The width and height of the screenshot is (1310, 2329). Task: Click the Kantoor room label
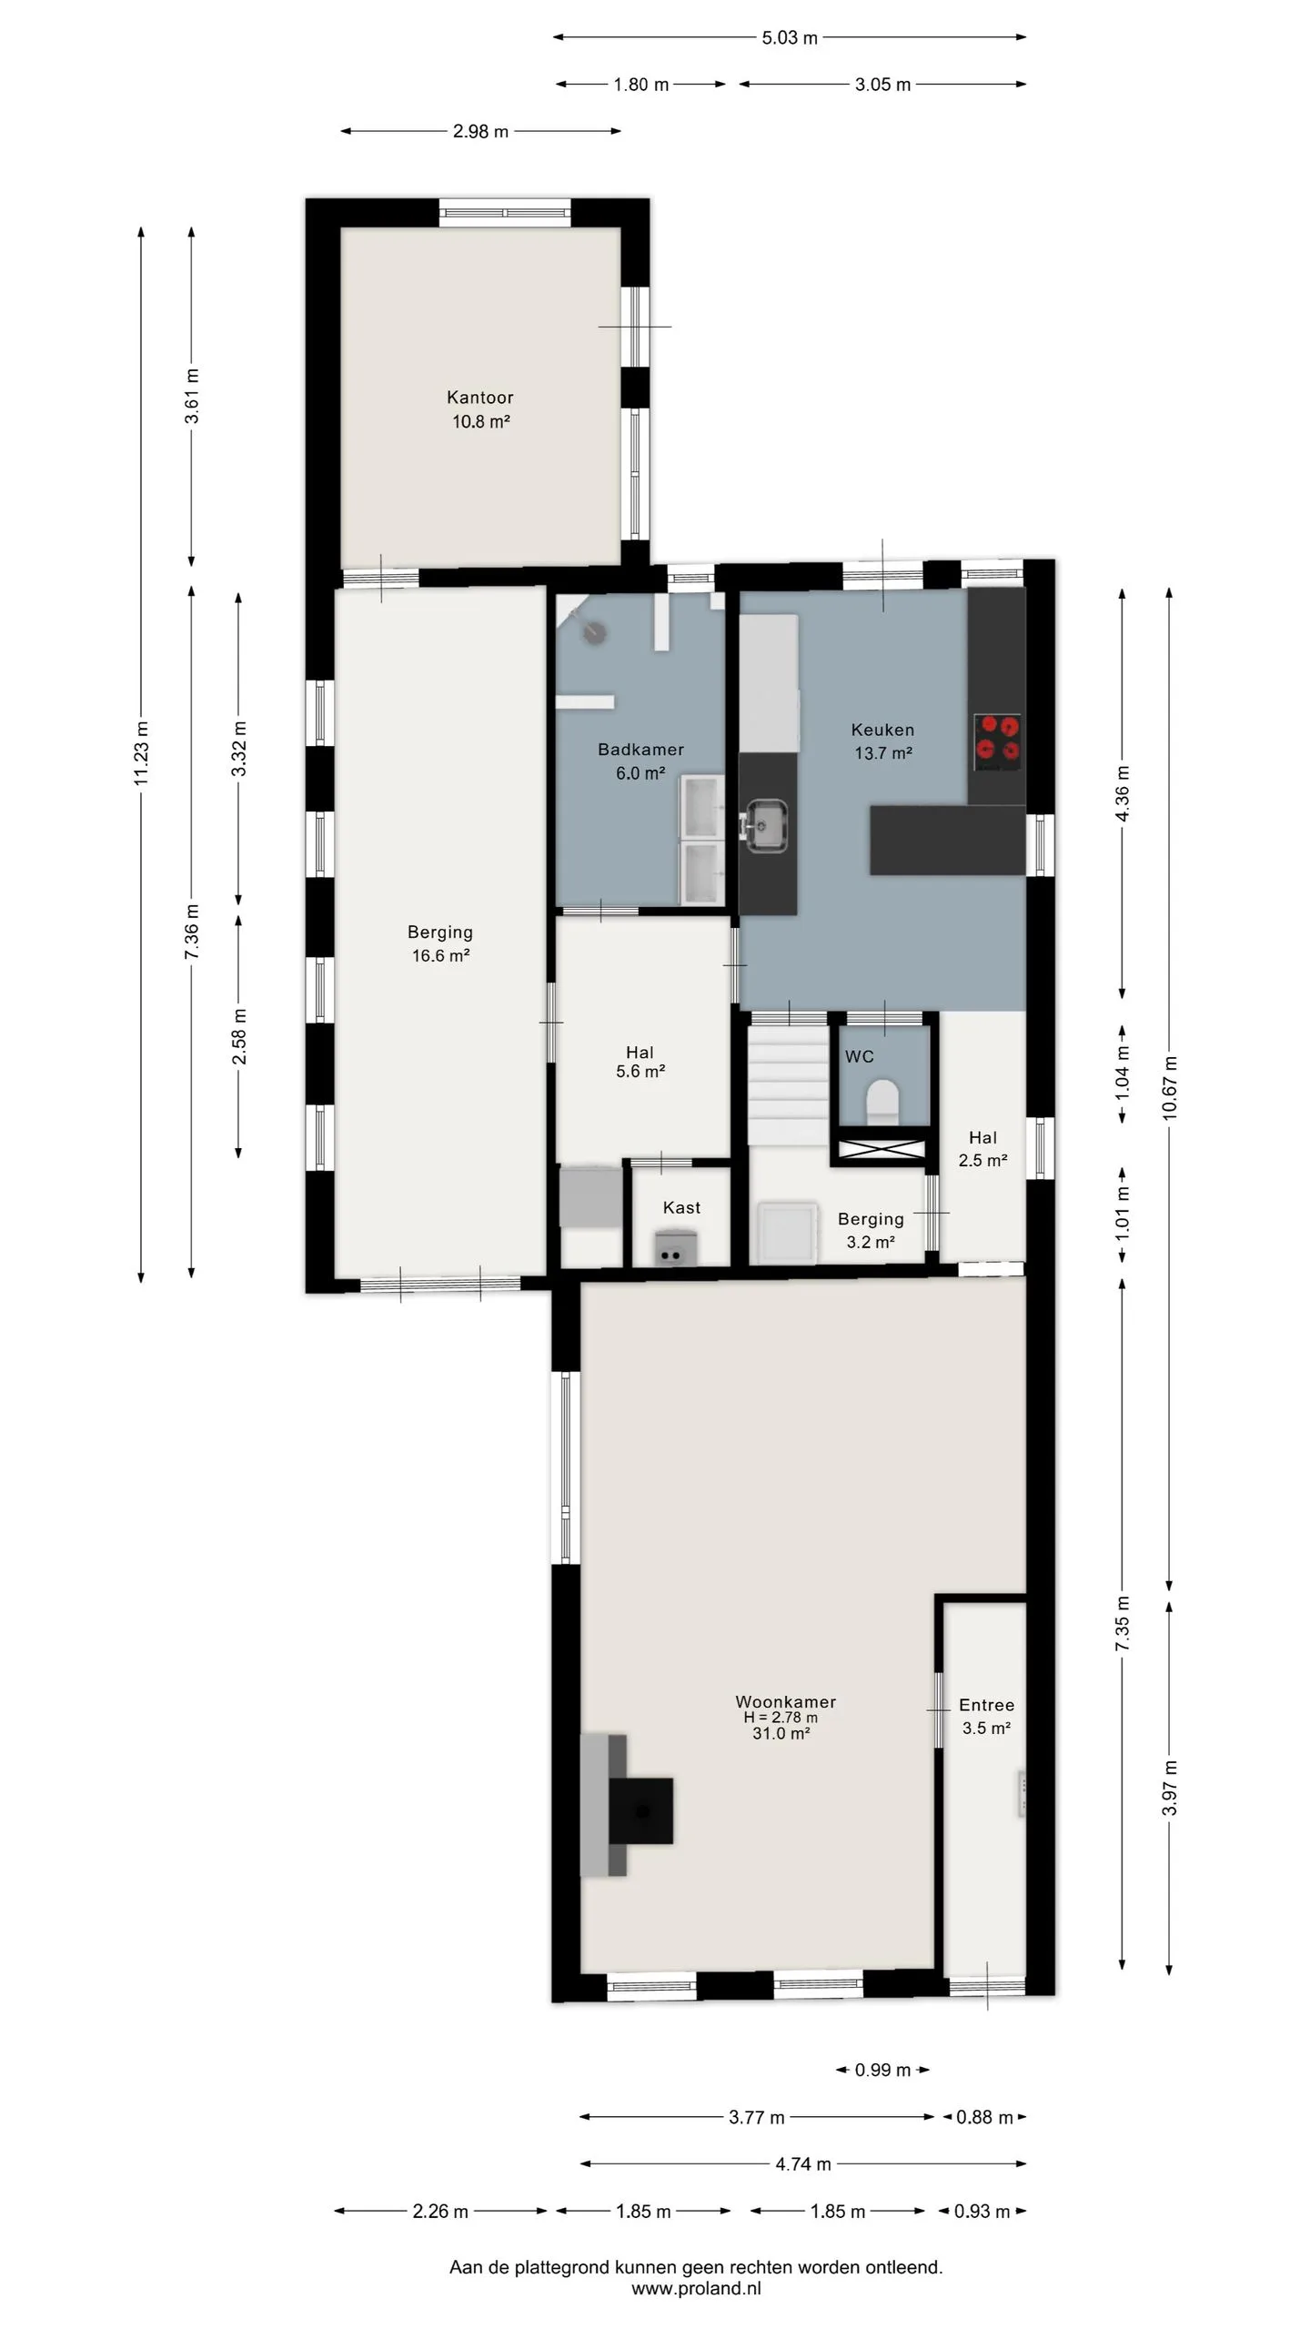click(x=479, y=398)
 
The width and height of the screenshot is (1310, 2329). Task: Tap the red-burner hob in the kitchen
click(x=997, y=741)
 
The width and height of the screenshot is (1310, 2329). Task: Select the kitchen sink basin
click(x=766, y=824)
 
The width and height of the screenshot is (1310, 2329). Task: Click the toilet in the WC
click(x=882, y=1099)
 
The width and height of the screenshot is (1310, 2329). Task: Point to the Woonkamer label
click(x=785, y=1701)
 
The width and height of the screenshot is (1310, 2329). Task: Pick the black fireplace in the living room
click(x=641, y=1810)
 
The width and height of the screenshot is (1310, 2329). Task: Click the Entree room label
click(x=986, y=1705)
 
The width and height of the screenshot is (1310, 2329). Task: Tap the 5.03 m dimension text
click(x=790, y=37)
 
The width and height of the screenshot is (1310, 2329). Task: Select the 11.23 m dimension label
click(x=141, y=752)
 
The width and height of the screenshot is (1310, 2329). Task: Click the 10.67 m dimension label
click(x=1170, y=1087)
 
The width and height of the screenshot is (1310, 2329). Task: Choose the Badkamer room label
click(x=640, y=750)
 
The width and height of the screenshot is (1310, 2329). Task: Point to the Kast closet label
click(x=681, y=1207)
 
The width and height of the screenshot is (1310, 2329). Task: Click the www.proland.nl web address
click(x=696, y=2289)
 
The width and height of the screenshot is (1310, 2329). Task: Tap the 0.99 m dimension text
click(x=882, y=2070)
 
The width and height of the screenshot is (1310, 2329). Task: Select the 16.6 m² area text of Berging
click(x=440, y=955)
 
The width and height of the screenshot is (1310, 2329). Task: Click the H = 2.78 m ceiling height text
click(x=781, y=1718)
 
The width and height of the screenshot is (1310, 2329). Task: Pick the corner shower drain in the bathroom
click(x=596, y=630)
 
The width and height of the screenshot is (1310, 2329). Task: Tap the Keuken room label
click(x=882, y=730)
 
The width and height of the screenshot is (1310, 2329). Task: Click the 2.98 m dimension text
click(x=480, y=131)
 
